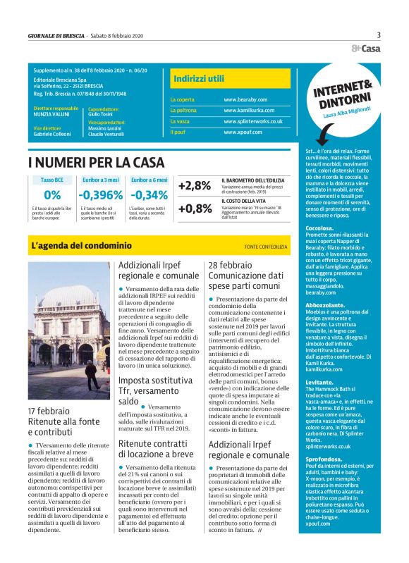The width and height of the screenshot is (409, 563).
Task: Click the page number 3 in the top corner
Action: tap(379, 35)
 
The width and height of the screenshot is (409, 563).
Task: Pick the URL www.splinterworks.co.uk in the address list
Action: tap(253, 121)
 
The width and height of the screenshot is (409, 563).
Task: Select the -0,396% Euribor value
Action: tap(100, 195)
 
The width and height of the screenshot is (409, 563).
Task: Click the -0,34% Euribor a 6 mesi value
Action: tap(149, 195)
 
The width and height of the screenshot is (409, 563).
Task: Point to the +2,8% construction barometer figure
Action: tap(195, 186)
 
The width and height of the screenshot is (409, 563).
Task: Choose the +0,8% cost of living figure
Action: tap(195, 209)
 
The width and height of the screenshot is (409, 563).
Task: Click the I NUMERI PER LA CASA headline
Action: tap(96, 163)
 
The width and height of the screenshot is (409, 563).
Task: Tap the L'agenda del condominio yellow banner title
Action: tap(81, 246)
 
